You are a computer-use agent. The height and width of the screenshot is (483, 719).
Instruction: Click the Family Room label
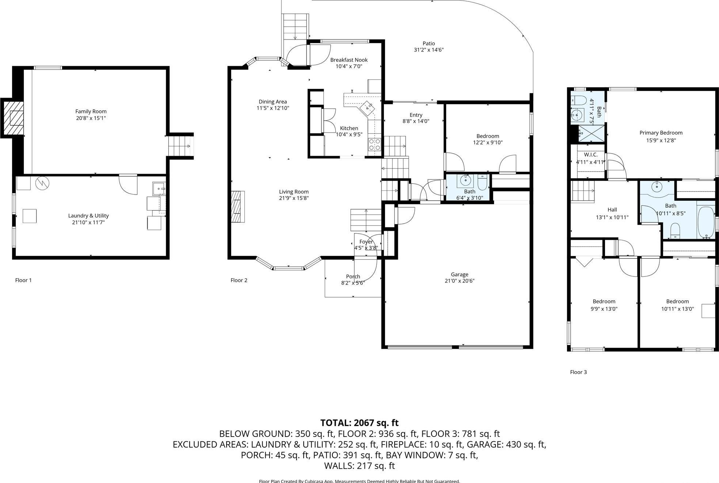(x=91, y=112)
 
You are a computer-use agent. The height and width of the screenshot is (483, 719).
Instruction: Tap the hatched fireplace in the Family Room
(x=14, y=118)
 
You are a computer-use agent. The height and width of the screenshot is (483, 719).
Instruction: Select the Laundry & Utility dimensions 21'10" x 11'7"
(x=88, y=222)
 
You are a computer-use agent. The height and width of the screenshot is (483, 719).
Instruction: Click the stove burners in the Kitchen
(x=374, y=144)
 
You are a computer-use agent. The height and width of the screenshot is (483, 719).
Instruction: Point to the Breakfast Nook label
(x=349, y=60)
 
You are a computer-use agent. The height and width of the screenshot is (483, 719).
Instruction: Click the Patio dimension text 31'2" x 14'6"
(x=429, y=50)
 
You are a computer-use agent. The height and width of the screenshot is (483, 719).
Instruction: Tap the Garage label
(x=459, y=274)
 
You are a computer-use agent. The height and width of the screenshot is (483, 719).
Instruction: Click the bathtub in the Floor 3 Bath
(x=705, y=223)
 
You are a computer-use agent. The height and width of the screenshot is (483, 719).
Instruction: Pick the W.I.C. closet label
(x=590, y=155)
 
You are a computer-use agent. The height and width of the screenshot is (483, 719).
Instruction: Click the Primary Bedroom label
(x=661, y=133)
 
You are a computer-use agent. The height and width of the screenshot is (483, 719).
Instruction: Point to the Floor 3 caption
(x=578, y=372)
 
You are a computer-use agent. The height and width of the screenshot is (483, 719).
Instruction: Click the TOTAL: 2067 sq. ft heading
(x=359, y=423)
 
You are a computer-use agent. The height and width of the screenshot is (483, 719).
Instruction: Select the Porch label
(x=353, y=276)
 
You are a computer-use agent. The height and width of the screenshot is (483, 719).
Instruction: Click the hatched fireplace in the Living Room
(x=237, y=207)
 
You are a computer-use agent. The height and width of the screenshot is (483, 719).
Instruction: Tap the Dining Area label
(x=273, y=102)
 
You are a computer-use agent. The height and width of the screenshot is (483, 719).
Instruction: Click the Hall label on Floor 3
(x=612, y=210)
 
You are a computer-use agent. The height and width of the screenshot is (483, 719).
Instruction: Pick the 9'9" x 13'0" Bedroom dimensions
(x=604, y=309)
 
